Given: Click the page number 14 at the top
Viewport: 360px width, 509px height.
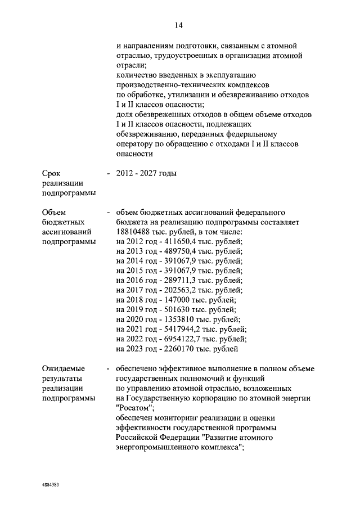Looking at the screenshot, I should coord(179,25).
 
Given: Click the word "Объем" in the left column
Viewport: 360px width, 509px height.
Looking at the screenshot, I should coord(55,212).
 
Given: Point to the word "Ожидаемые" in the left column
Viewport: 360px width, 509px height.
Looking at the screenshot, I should coord(63,368).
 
